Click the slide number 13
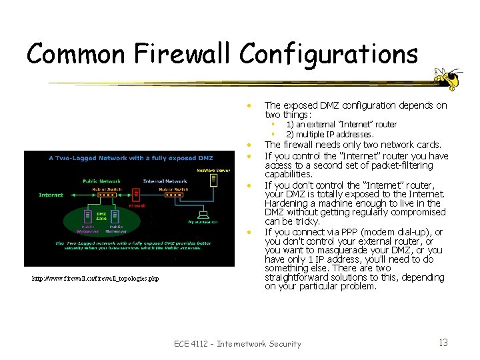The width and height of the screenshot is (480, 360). pyautogui.click(x=443, y=343)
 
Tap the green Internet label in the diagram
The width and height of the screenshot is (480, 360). pyautogui.click(x=51, y=195)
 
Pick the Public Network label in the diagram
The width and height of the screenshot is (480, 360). pyautogui.click(x=101, y=181)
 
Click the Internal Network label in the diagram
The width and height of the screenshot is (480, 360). pyautogui.click(x=165, y=181)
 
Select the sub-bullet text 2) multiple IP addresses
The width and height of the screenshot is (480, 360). pyautogui.click(x=330, y=134)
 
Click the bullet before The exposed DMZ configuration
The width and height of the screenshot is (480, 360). pyautogui.click(x=247, y=105)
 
